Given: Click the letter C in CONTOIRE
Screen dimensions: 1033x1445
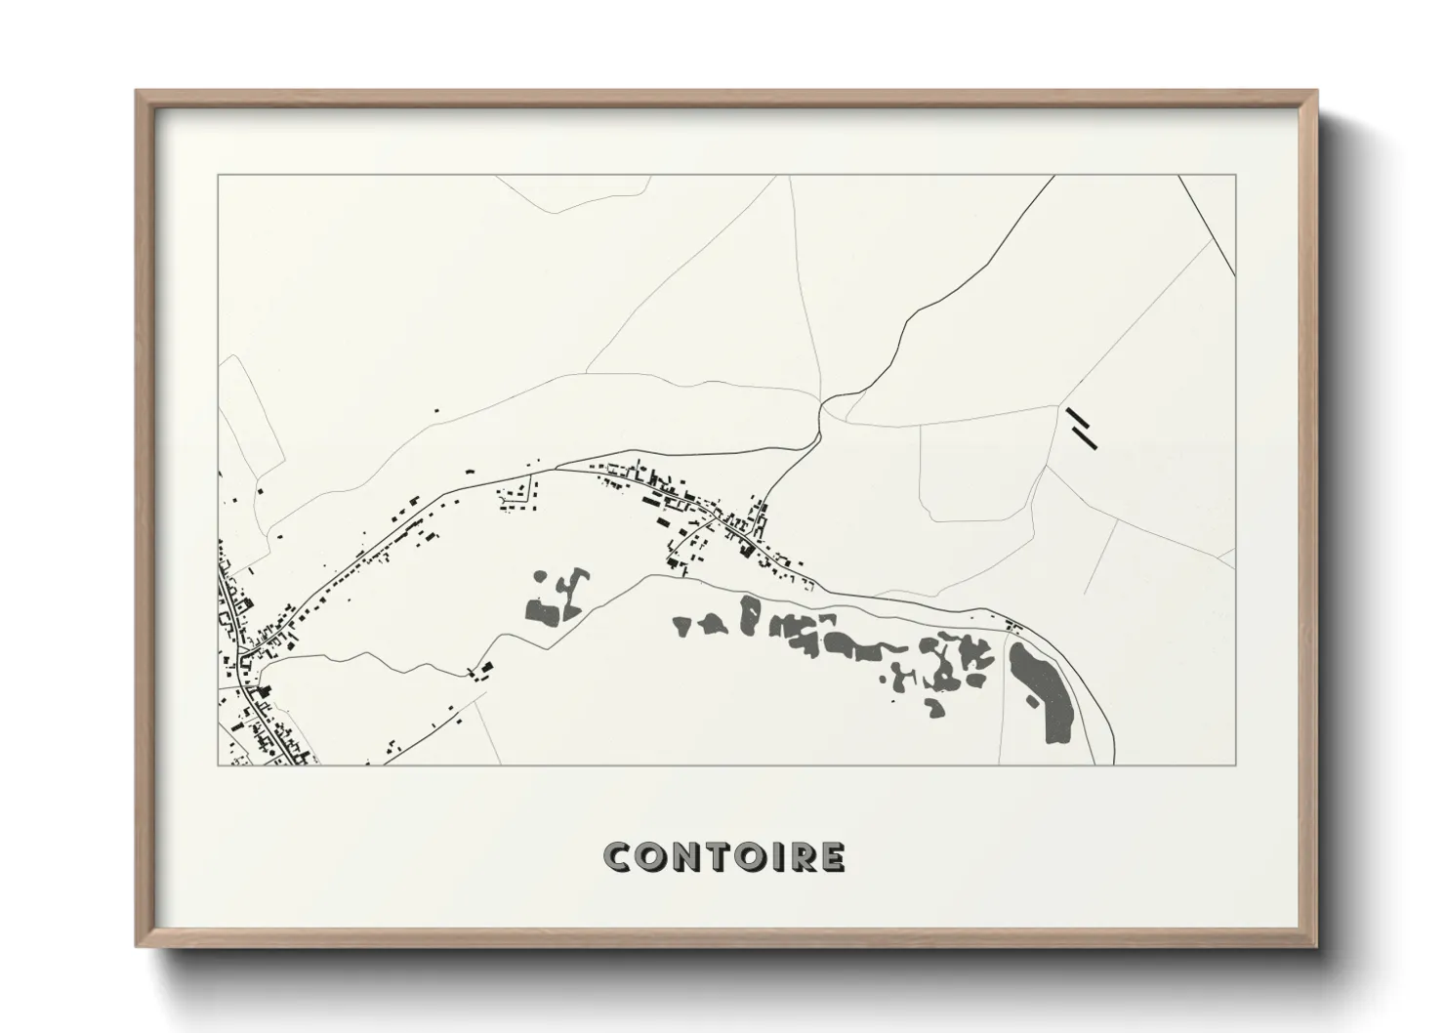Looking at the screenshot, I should pyautogui.click(x=618, y=857).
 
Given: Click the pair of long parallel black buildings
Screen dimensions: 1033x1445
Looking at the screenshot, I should pyautogui.click(x=1082, y=428).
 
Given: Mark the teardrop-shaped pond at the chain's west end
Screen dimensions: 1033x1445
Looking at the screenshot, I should pyautogui.click(x=681, y=625).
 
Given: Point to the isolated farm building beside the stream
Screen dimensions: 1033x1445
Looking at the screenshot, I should pyautogui.click(x=481, y=670).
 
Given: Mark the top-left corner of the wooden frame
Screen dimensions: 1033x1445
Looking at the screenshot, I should pyautogui.click(x=136, y=92).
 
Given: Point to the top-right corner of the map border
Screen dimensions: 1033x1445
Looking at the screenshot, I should pyautogui.click(x=1236, y=175).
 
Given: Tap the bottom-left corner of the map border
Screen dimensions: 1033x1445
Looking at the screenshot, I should pyautogui.click(x=218, y=764).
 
